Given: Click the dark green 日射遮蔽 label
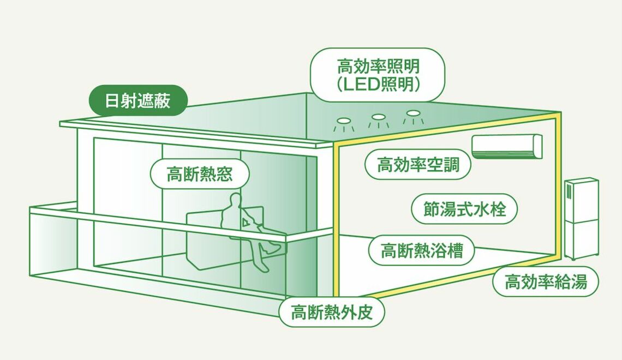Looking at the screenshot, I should [137, 101].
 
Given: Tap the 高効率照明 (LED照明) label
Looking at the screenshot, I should [378, 75].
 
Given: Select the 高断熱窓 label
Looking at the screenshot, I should [200, 175].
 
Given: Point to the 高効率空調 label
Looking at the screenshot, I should [418, 164].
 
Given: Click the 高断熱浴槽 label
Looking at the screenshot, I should [421, 250].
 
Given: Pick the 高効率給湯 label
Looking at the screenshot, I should [546, 282].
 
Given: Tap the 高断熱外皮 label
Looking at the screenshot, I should [332, 313].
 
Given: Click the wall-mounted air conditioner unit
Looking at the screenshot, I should [507, 146].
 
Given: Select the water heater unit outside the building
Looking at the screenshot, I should [581, 218].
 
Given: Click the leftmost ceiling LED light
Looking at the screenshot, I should [344, 121].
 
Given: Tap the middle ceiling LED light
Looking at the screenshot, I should [378, 117].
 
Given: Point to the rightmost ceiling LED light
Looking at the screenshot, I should [413, 113].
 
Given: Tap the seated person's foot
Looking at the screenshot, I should [264, 267].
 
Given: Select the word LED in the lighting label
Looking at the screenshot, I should [358, 85].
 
